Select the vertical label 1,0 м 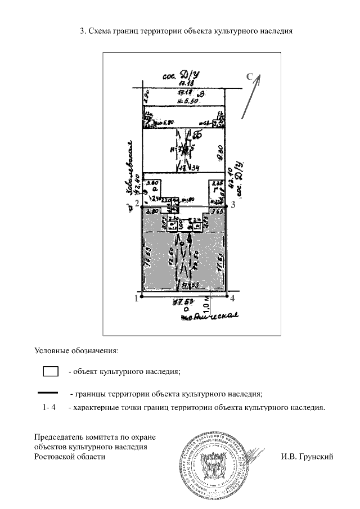(208, 306)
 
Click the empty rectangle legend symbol (51, 371)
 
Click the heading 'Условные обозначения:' (76, 350)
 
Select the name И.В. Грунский (307, 456)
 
